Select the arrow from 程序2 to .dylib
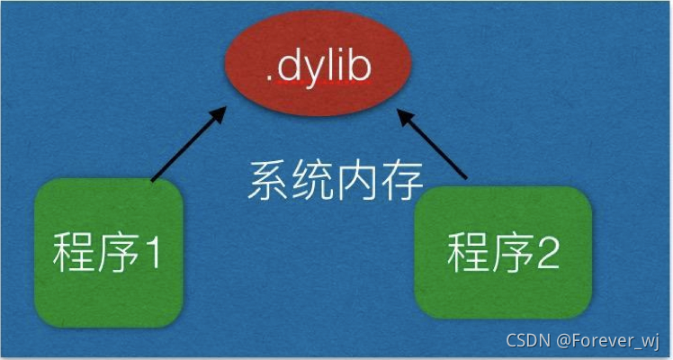(435, 147)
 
